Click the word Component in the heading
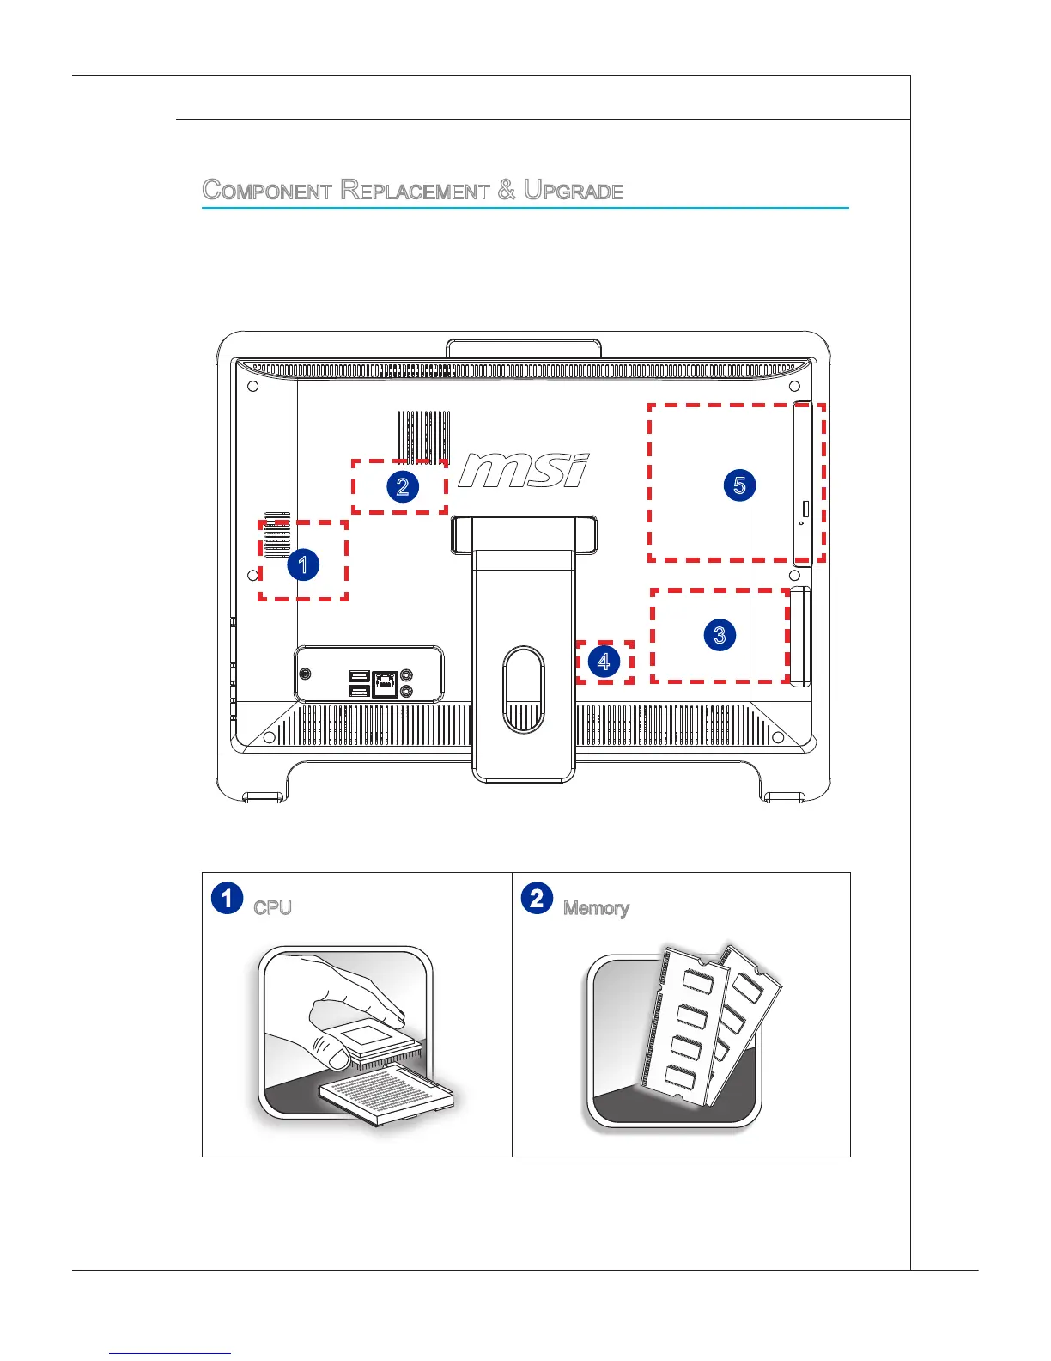[x=267, y=190]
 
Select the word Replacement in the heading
[x=415, y=190]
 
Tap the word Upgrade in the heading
[x=574, y=190]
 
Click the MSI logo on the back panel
[x=524, y=471]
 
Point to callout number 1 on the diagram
[x=302, y=565]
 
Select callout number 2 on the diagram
[x=402, y=486]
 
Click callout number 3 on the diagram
[x=720, y=635]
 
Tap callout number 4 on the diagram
[x=604, y=662]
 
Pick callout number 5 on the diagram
[x=739, y=485]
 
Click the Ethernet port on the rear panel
[x=386, y=683]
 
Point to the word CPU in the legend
[x=272, y=908]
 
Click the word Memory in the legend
[x=596, y=908]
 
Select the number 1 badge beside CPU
[x=227, y=898]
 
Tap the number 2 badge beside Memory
[x=537, y=898]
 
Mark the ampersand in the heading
[x=507, y=190]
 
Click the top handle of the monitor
[x=523, y=348]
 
